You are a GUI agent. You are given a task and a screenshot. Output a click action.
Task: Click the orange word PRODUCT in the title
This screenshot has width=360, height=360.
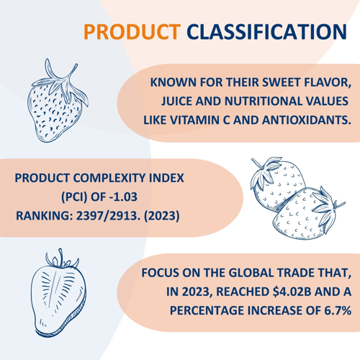pos(132,32)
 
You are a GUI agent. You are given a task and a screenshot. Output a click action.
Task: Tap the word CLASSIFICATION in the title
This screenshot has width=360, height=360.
pos(266,32)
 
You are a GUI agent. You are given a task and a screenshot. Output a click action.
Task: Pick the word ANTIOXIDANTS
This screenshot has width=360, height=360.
pos(307,120)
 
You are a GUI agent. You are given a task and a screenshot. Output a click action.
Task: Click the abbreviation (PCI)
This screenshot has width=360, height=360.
pos(74,197)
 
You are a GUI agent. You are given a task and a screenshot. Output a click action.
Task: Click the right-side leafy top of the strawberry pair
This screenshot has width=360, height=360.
pos(328,208)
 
